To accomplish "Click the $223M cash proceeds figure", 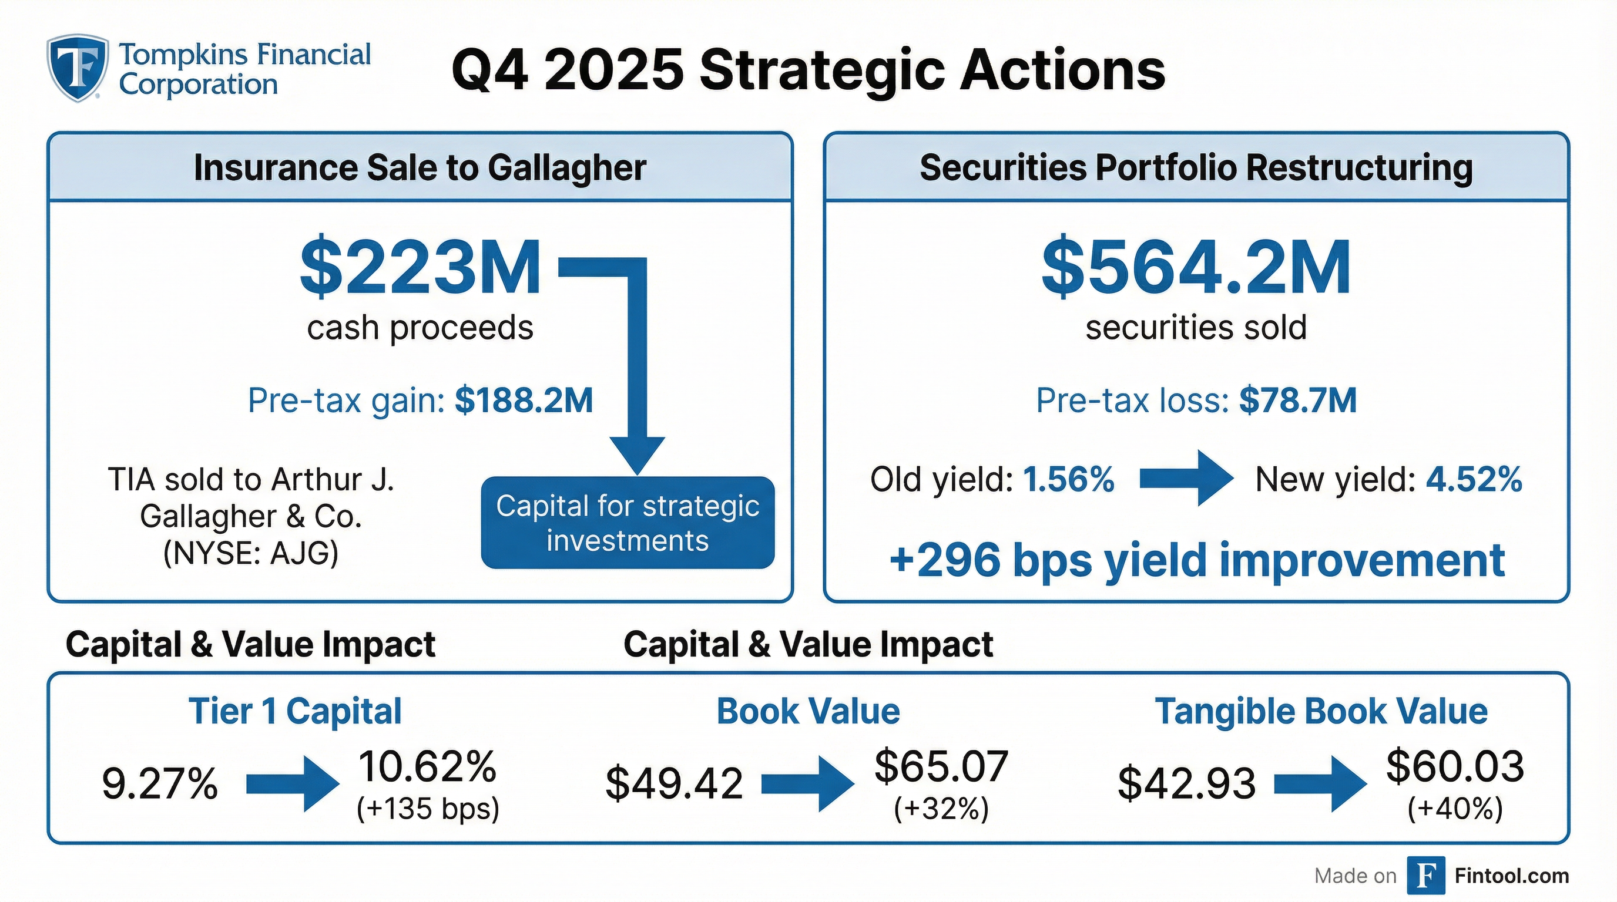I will pos(420,268).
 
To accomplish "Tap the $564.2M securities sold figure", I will pos(1196,268).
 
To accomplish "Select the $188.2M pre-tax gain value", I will pos(524,400).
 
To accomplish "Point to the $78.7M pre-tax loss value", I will pos(1297,400).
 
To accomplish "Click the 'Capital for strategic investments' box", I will pos(628,523).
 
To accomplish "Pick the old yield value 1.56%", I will pos(1068,480).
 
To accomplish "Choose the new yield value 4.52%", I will pos(1474,480).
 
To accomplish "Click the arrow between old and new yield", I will pos(1185,478).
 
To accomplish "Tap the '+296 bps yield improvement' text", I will pos(1196,560).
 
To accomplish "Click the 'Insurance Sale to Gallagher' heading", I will pos(420,168).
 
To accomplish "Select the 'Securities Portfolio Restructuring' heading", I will pos(1196,168).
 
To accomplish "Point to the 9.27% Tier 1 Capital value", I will pos(159,784).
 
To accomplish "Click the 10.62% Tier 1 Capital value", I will pos(427,766).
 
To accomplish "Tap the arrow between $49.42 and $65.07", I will pos(807,784).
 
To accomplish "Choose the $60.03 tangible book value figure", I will pos(1454,766).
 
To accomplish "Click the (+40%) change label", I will pos(1454,809).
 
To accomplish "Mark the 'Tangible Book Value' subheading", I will pos(1321,712).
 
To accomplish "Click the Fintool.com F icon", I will pos(1425,875).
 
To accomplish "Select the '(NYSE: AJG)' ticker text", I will pos(250,553).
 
